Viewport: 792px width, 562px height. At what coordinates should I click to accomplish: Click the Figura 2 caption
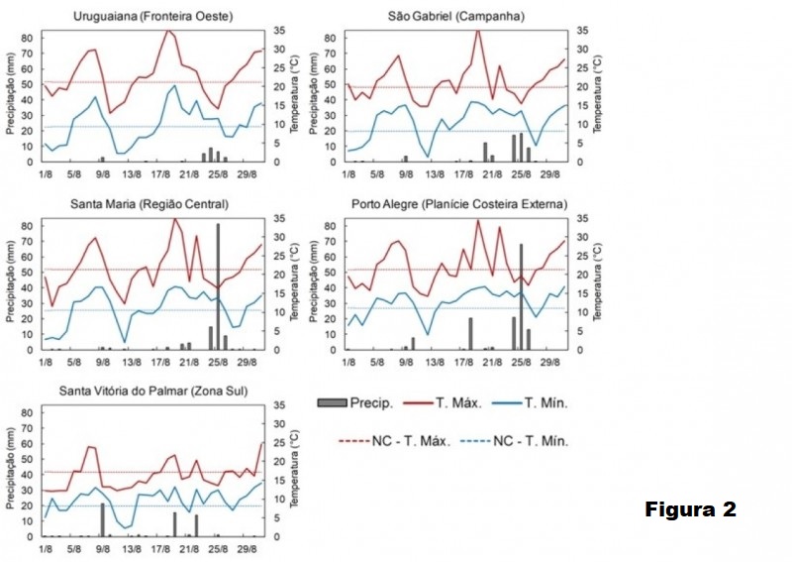pyautogui.click(x=691, y=510)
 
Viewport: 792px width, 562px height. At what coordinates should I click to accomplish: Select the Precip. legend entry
pyautogui.click(x=355, y=402)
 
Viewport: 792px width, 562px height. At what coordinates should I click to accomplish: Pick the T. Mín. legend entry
pyautogui.click(x=545, y=402)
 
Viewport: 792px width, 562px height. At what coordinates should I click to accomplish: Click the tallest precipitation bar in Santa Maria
pyautogui.click(x=219, y=286)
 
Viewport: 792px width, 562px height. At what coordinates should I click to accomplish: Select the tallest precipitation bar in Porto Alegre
pyautogui.click(x=521, y=296)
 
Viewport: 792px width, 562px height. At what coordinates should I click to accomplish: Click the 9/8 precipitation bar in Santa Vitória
pyautogui.click(x=102, y=519)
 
